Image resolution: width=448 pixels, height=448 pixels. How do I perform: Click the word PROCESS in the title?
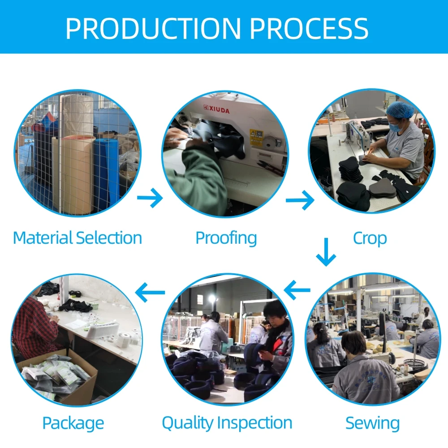coord(309,28)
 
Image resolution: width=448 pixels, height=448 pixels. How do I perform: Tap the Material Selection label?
coord(78,238)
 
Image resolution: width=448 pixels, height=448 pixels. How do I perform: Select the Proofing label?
coord(226,238)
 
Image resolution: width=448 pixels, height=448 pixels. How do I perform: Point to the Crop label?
coord(370,238)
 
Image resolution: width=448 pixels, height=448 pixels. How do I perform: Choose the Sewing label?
coord(372,423)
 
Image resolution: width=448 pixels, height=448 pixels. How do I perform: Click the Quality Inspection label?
coord(227,423)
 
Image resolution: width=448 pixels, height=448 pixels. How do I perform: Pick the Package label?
coord(73,423)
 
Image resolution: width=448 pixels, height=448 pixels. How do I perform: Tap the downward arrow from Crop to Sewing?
coord(326,252)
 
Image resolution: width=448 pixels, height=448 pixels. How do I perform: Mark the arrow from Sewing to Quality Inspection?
coord(297,290)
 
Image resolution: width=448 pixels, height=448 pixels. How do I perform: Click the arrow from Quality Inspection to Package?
coord(150,293)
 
